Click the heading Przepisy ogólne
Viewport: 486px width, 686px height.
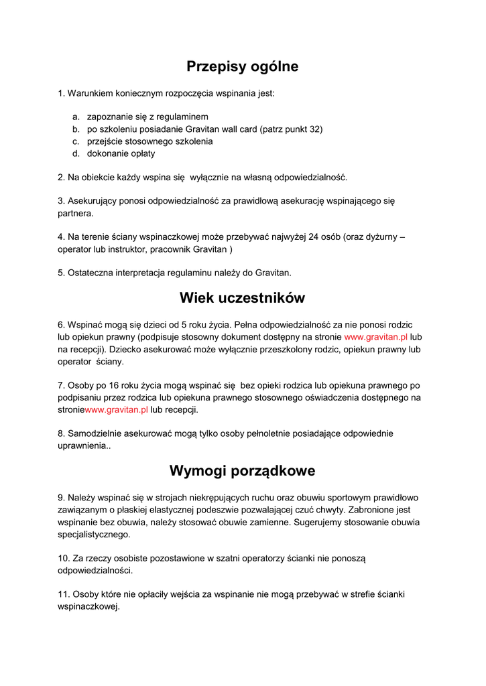pos(243,67)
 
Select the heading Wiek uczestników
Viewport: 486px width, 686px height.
pos(243,297)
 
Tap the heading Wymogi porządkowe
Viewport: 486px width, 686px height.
pos(243,471)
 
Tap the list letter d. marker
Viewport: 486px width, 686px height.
pos(76,153)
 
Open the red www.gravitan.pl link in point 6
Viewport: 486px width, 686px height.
pos(375,337)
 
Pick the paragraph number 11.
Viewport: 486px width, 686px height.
pos(64,594)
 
